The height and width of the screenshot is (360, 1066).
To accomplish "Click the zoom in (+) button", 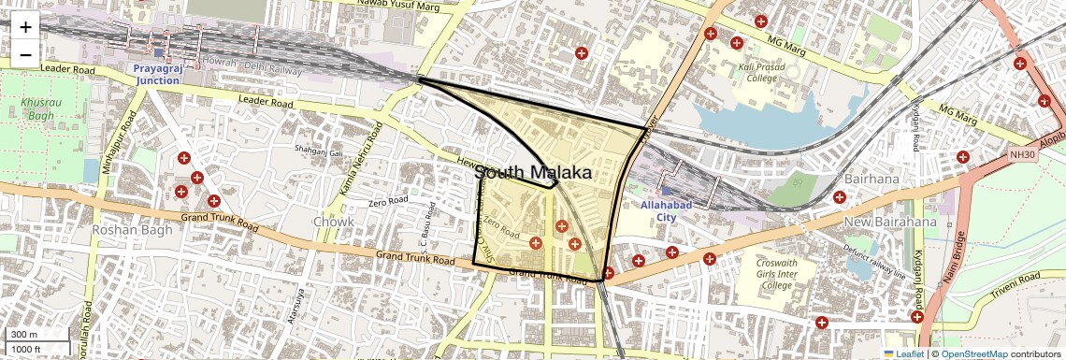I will [x=25, y=28].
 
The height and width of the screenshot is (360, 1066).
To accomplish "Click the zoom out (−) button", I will [x=25, y=55].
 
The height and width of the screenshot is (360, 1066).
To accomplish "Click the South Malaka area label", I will [x=533, y=173].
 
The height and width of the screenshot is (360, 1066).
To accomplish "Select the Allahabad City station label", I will [x=665, y=210].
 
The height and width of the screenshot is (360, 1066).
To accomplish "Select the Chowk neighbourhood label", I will [x=334, y=222].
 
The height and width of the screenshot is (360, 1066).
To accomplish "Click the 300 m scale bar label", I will [x=24, y=334].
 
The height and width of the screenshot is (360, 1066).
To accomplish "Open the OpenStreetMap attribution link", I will [x=973, y=353].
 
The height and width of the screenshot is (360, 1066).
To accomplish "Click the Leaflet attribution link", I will [x=903, y=353].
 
